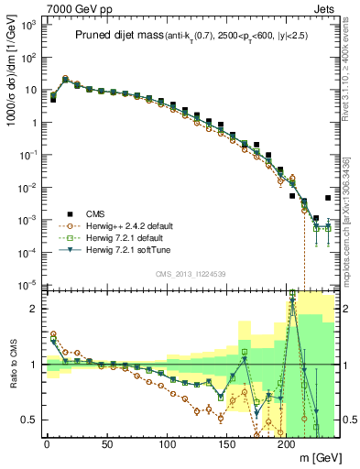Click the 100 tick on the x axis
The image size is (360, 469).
168,444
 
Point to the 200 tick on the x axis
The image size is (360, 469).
289,444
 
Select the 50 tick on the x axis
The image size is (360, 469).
107,444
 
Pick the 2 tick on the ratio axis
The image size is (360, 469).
32,309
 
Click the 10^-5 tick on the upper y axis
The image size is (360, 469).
27,285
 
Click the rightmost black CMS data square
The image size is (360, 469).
328,198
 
